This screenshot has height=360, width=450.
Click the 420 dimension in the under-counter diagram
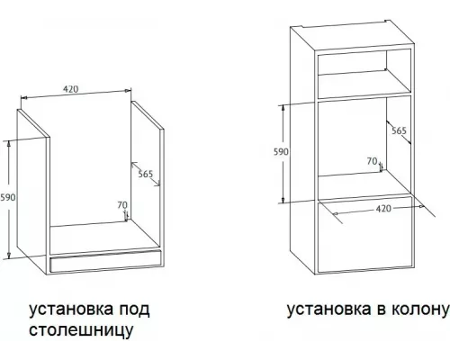tap(73, 89)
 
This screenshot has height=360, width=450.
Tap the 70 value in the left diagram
tap(121, 206)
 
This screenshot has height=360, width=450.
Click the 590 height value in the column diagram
tap(281, 152)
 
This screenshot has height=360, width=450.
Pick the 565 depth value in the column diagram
tap(399, 131)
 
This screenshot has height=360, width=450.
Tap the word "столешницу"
tap(81, 330)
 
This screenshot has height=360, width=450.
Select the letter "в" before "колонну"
tap(376, 310)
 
